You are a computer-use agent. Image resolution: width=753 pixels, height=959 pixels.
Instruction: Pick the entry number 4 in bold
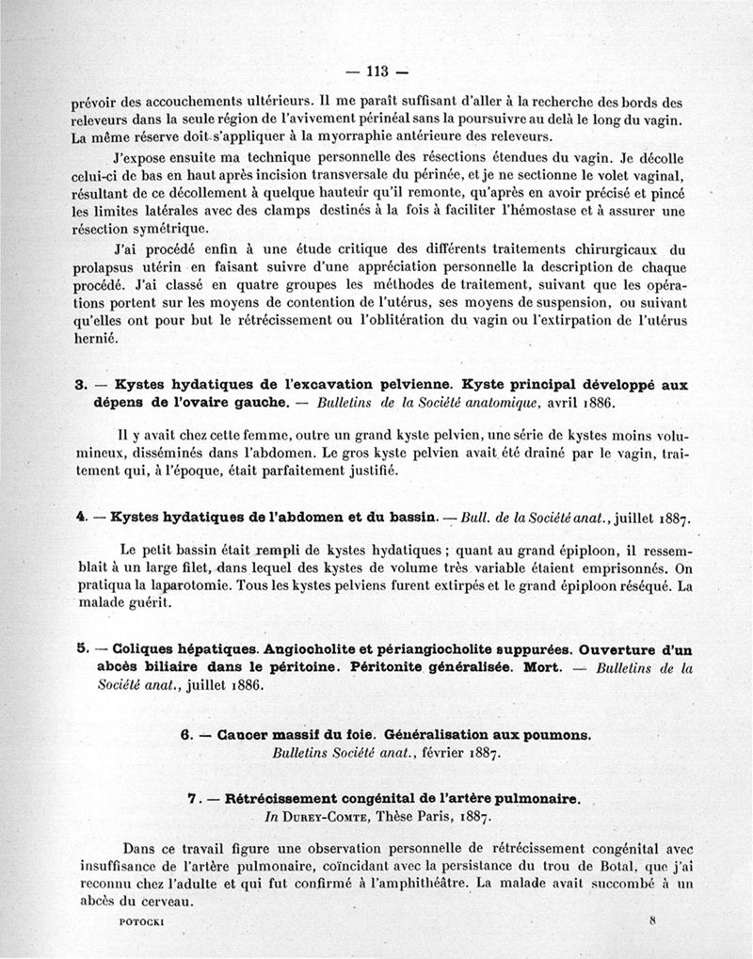tap(80, 519)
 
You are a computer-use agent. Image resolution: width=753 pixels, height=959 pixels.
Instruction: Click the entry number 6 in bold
tap(184, 735)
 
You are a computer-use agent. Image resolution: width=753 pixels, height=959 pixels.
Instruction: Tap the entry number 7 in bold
tap(191, 798)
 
